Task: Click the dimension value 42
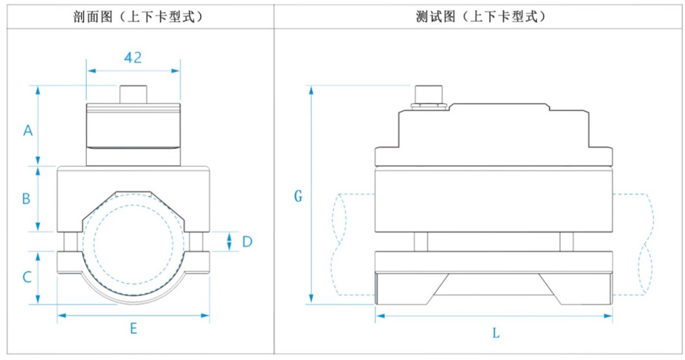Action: tap(133, 57)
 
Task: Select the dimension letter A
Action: tap(27, 131)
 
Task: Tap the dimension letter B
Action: tap(26, 198)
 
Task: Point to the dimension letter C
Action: tap(27, 276)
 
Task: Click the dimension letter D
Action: tap(247, 241)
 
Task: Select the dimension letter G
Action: tap(298, 196)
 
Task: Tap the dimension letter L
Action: tap(496, 333)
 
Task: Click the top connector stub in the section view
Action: tap(133, 93)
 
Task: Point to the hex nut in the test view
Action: tap(430, 103)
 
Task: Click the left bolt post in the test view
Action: tap(420, 241)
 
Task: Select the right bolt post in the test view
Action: tap(566, 241)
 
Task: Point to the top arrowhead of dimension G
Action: tap(311, 89)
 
